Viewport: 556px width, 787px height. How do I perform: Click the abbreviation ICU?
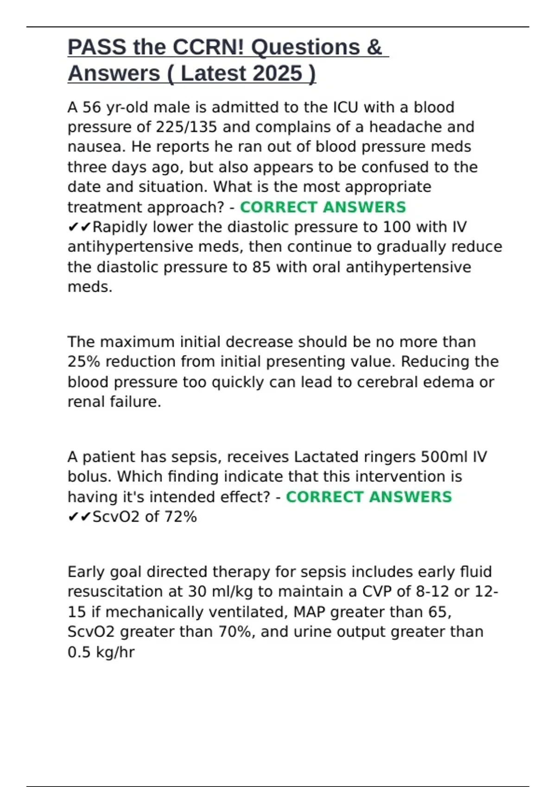pyautogui.click(x=346, y=107)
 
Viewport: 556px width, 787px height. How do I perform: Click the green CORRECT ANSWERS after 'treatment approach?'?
pyautogui.click(x=322, y=207)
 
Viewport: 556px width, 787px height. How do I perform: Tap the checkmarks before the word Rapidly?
pyautogui.click(x=80, y=227)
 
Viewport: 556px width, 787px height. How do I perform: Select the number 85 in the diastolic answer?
pyautogui.click(x=261, y=267)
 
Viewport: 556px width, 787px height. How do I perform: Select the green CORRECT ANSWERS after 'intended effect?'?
pyautogui.click(x=368, y=497)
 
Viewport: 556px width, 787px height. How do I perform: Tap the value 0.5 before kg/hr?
pyautogui.click(x=79, y=652)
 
